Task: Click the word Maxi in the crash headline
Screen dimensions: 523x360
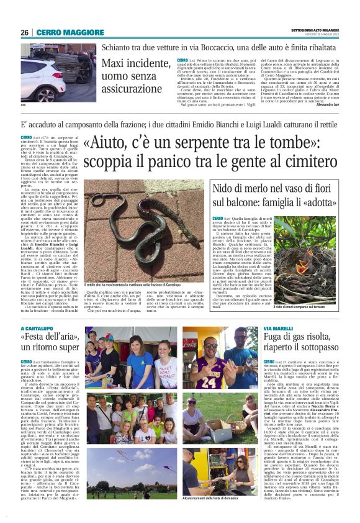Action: click(116, 63)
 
